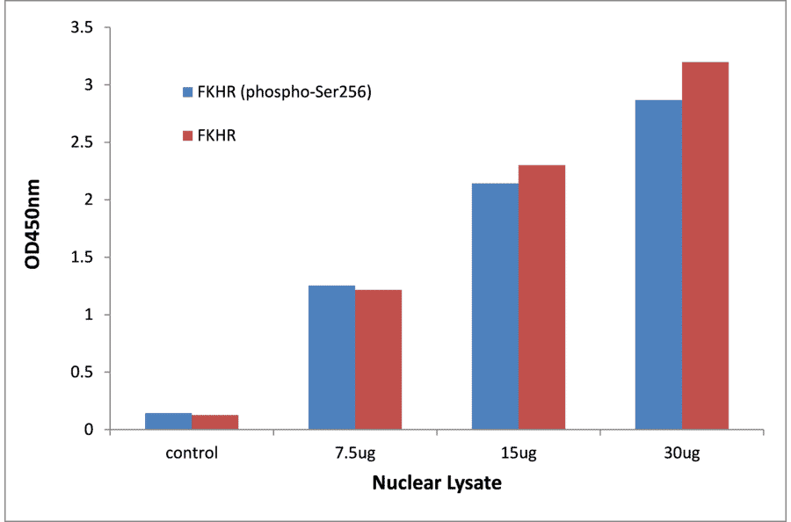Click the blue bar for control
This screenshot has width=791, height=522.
tap(168, 421)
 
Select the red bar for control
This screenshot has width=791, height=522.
tap(214, 422)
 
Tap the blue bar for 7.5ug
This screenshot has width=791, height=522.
tap(331, 358)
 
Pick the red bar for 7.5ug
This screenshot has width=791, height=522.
tap(378, 359)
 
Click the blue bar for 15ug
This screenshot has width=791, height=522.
tap(495, 307)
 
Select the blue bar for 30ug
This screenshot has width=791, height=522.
tap(658, 265)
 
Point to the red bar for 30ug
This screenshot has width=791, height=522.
tap(705, 246)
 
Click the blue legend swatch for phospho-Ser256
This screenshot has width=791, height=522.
tap(187, 91)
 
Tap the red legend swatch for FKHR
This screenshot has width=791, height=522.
tap(187, 136)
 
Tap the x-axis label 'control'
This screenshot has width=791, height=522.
tap(191, 453)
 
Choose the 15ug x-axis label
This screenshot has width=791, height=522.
tap(518, 453)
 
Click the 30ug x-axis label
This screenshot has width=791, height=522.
tap(682, 453)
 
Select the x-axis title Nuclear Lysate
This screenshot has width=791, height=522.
tap(437, 482)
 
